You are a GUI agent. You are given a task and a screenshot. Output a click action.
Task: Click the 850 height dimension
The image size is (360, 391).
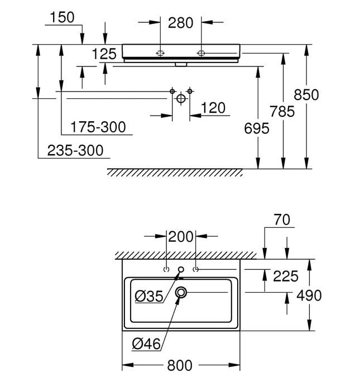(x=322, y=95)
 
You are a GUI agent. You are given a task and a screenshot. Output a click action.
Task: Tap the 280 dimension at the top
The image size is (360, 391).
(x=181, y=23)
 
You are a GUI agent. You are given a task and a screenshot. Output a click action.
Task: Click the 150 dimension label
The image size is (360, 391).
(x=62, y=18)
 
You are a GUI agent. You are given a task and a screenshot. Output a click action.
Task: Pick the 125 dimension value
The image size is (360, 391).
(x=104, y=54)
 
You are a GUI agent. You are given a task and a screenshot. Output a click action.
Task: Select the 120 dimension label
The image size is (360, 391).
(x=213, y=108)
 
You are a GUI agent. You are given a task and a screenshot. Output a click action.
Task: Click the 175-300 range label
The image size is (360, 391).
(x=98, y=128)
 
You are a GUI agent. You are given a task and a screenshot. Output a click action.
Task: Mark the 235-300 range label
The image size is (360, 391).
(x=75, y=150)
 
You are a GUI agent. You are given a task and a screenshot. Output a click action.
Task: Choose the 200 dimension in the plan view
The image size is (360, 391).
(x=180, y=237)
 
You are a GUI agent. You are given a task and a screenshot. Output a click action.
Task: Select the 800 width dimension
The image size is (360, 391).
(x=180, y=365)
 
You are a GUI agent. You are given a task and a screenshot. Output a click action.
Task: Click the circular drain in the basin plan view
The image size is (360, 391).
(x=181, y=292)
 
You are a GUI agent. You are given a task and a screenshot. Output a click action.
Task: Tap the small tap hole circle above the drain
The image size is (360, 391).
(x=181, y=270)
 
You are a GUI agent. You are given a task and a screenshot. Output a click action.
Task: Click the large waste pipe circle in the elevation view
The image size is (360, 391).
(x=180, y=98)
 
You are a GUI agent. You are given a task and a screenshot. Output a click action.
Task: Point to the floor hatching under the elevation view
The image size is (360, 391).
(x=175, y=171)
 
